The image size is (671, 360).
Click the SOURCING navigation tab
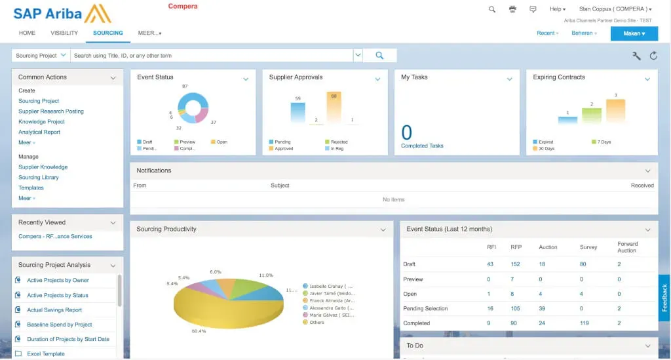pos(108,33)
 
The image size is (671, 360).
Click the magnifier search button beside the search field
pos(379,56)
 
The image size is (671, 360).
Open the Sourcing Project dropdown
pos(41,56)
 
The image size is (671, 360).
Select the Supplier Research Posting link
pos(51,111)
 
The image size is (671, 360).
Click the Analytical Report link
pos(39,132)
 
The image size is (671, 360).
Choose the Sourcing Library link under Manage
pos(39,178)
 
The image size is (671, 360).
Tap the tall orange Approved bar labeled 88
pos(334,108)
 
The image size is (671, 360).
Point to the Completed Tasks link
pos(422,146)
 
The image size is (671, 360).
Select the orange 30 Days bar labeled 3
pos(615,111)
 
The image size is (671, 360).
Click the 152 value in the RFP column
pos(515,264)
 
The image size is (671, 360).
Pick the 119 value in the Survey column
pos(585,323)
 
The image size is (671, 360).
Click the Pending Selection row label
pos(425,308)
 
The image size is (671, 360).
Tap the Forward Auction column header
pos(627,247)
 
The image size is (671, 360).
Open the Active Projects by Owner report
pos(58,281)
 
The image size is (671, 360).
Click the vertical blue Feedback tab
pos(664,298)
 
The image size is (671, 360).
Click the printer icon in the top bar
pos(512,9)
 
